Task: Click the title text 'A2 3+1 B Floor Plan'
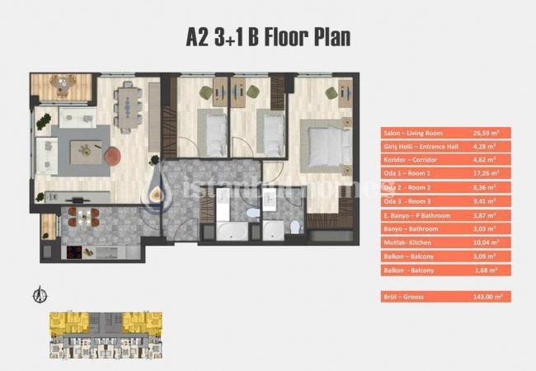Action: [268, 37]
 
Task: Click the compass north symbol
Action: [36, 295]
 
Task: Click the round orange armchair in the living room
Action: [112, 154]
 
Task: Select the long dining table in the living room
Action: [129, 107]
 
